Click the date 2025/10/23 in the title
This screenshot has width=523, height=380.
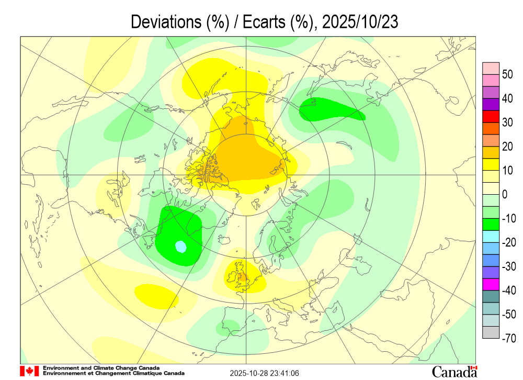[360, 22]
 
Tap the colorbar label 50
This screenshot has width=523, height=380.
[507, 75]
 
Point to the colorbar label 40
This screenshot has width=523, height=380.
[507, 99]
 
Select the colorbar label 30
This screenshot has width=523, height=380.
[507, 123]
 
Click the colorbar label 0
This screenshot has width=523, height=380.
[505, 195]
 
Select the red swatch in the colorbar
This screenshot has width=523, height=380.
[491, 117]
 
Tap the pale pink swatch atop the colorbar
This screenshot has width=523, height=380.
[491, 69]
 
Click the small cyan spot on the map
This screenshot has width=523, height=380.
[180, 245]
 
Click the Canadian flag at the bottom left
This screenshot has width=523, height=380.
[29, 371]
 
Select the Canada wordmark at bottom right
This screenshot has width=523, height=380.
[454, 372]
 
